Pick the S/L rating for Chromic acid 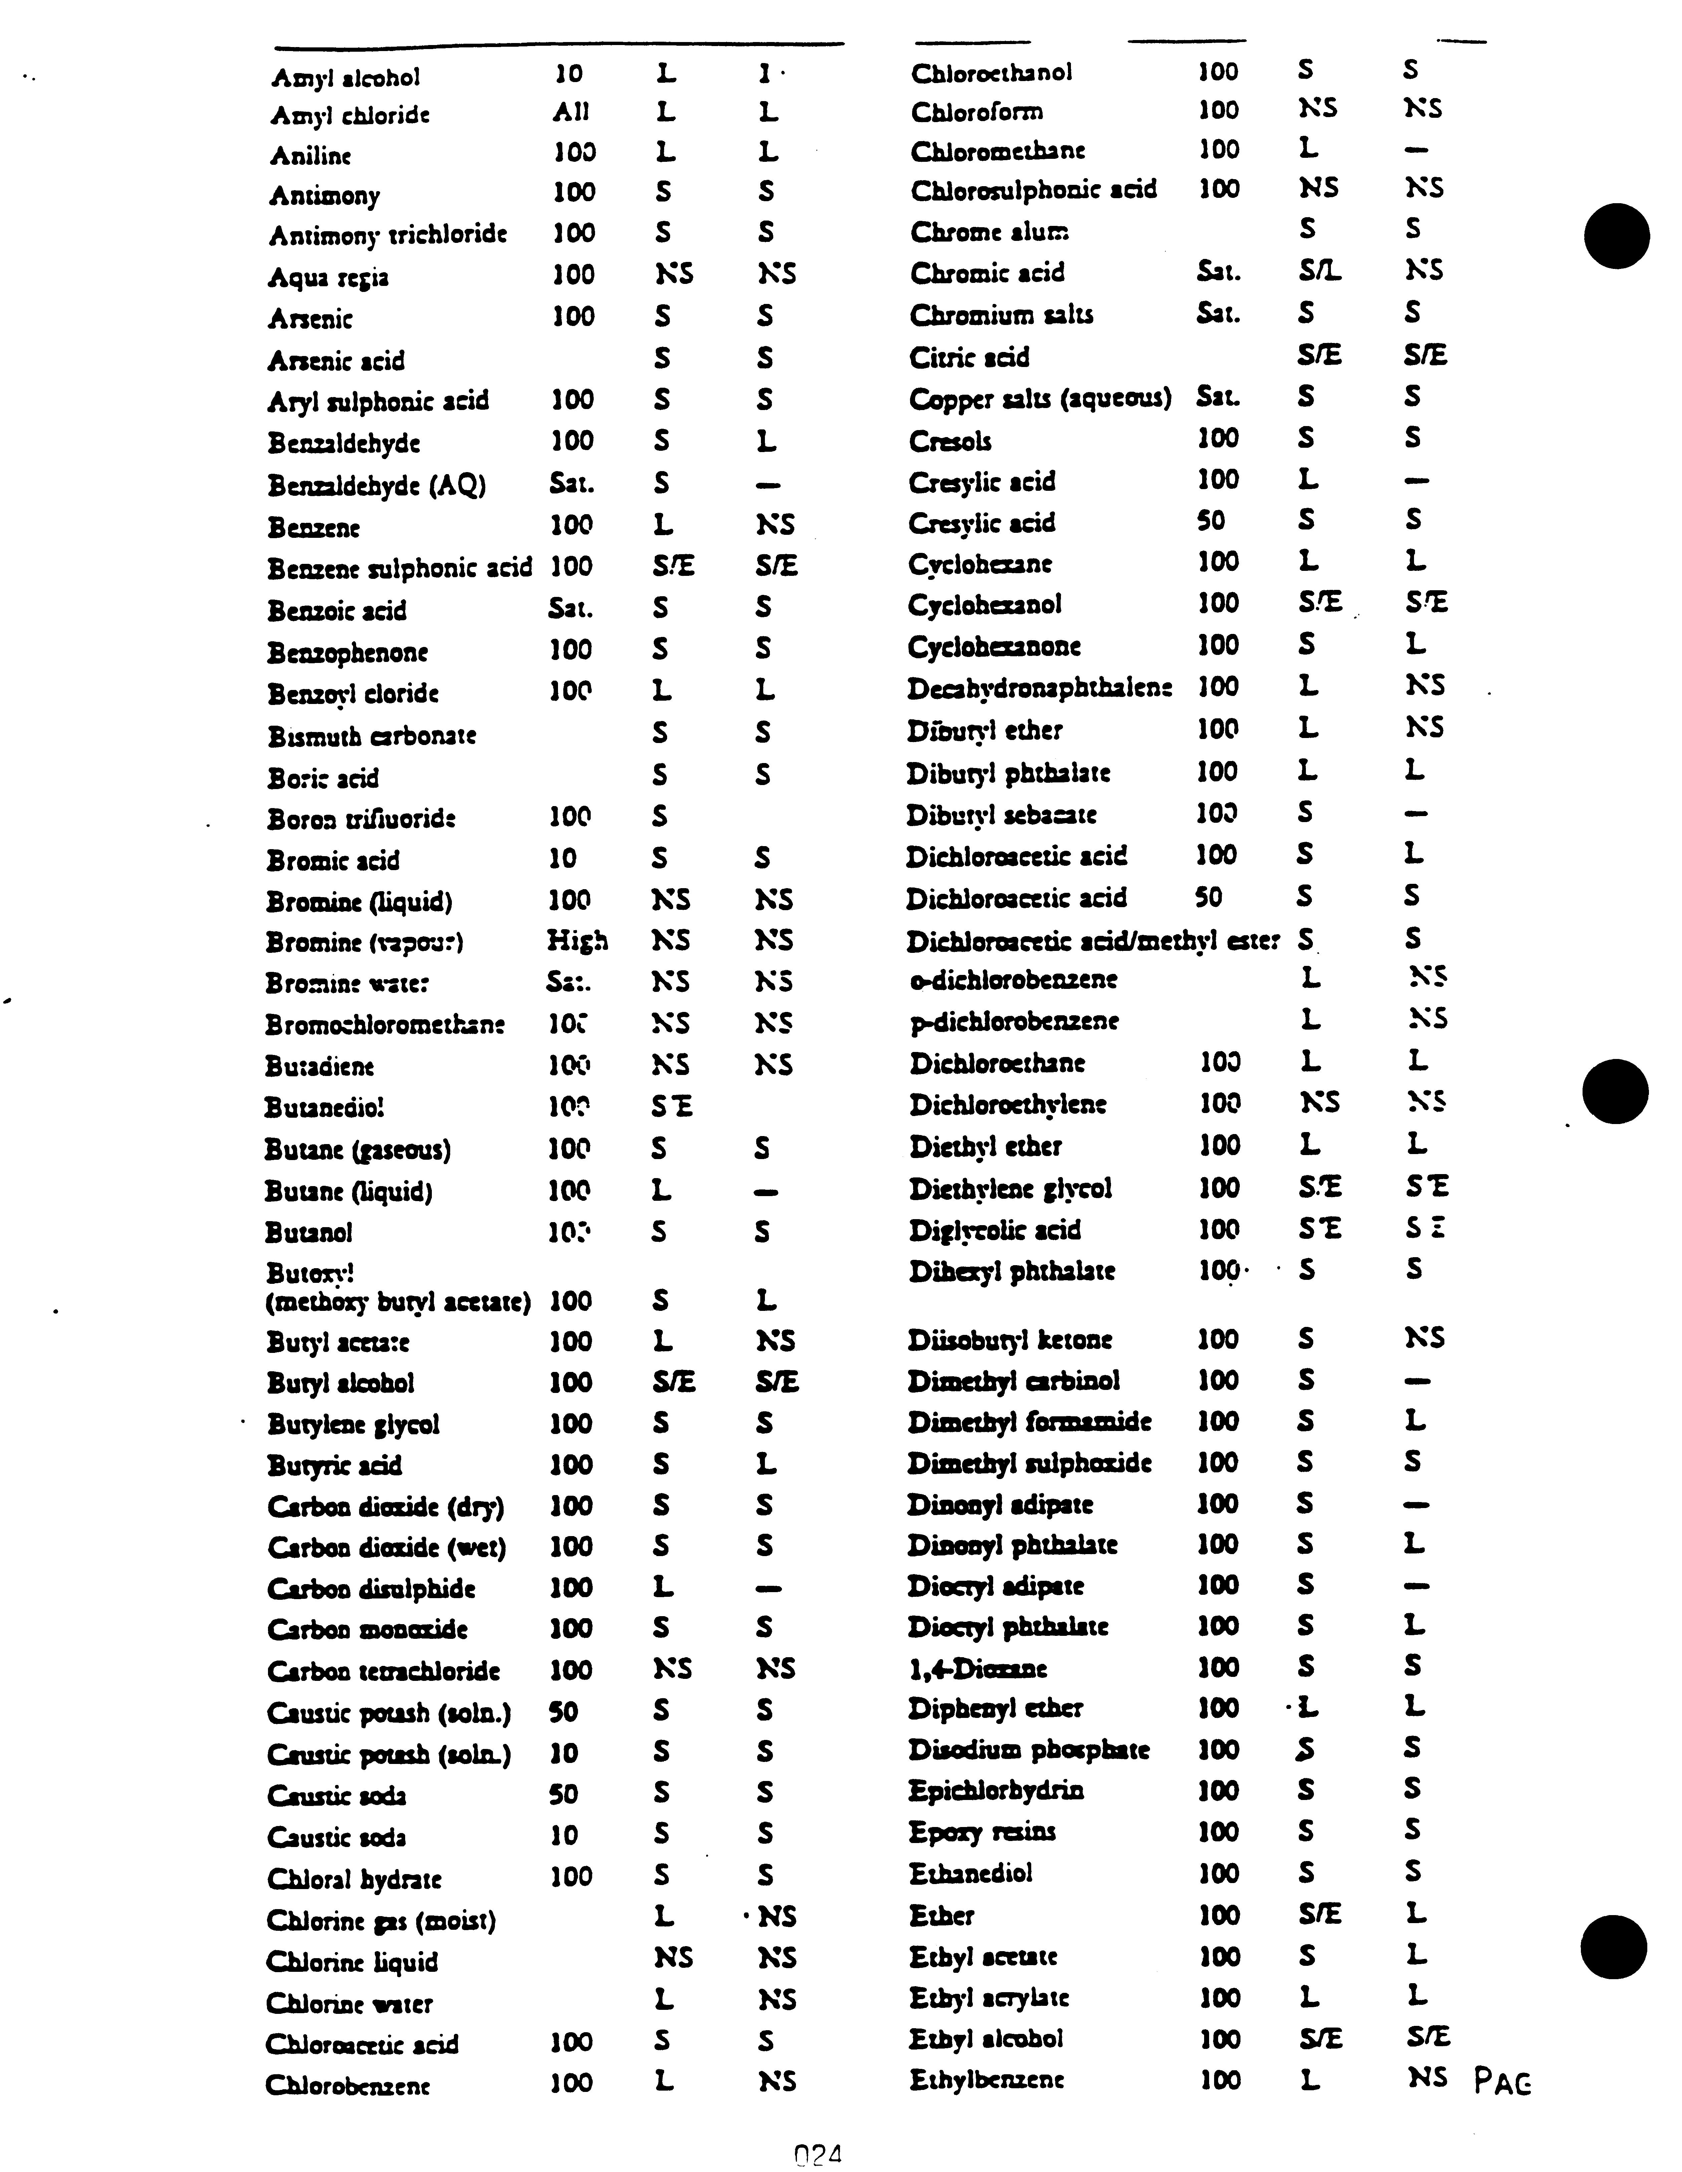[x=1320, y=272]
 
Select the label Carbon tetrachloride [x=383, y=1671]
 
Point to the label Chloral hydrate [x=354, y=1879]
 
